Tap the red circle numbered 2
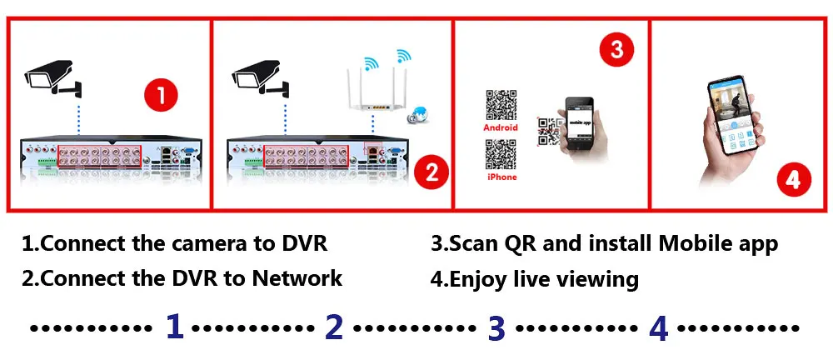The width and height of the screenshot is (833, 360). click(431, 172)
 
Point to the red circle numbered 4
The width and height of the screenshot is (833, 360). click(793, 180)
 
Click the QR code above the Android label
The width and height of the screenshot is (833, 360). click(501, 104)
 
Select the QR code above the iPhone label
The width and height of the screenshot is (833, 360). click(501, 154)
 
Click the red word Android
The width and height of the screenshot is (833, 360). click(501, 127)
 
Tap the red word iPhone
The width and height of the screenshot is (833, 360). click(501, 177)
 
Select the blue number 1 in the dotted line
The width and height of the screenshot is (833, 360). click(174, 327)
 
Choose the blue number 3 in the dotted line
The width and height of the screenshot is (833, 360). click(496, 327)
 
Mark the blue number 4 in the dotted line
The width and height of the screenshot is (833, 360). click(658, 327)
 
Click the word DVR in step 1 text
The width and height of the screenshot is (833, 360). click(302, 244)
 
